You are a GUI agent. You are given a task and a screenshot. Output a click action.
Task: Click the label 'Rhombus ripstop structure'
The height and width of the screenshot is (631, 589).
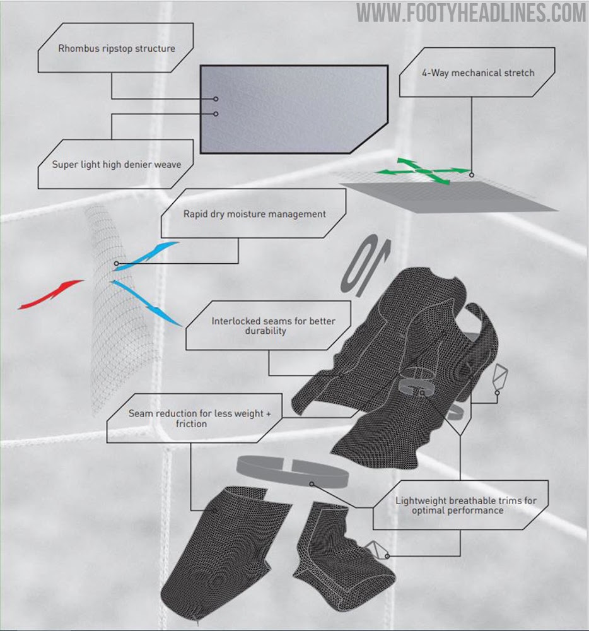pos(117,48)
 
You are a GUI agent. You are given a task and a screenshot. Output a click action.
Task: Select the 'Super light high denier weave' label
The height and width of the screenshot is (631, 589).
pos(117,165)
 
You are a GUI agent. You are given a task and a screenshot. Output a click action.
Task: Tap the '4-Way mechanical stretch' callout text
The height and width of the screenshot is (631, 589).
pos(477,73)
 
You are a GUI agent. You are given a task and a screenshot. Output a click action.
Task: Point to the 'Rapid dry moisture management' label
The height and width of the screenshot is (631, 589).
pos(254,214)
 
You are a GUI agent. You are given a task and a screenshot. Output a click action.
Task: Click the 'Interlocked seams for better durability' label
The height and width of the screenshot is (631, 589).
pos(273,326)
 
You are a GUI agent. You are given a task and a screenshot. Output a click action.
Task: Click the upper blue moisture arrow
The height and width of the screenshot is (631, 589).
pos(146,256)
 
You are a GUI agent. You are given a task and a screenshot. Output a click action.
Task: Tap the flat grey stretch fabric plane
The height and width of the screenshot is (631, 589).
pos(448,196)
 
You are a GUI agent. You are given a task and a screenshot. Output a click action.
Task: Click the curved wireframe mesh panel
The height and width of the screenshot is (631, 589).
pos(120,309)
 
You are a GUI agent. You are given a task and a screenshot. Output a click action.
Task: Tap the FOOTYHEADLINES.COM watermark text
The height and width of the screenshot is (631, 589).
pos(472,13)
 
